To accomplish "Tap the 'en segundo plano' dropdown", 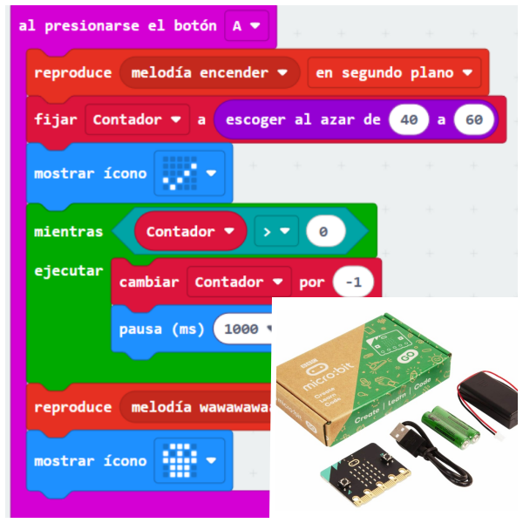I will click(394, 73).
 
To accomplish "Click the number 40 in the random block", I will click(408, 120).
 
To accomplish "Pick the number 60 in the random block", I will click(473, 120).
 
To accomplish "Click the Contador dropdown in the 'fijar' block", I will click(137, 120).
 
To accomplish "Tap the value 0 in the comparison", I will click(323, 232).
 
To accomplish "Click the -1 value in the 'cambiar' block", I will click(353, 282).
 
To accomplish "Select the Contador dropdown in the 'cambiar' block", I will click(241, 282).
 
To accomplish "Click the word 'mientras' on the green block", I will click(68, 232).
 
